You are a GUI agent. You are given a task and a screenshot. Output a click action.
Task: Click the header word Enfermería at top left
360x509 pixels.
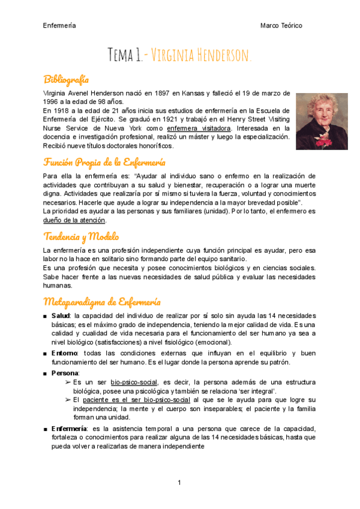[x=59, y=26]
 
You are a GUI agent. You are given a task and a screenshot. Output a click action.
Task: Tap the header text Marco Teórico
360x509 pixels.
[x=281, y=26]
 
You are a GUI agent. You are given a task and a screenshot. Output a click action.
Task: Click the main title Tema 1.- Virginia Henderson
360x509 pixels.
[x=179, y=56]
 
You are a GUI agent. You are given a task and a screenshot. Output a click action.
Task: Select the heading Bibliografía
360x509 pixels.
[x=66, y=79]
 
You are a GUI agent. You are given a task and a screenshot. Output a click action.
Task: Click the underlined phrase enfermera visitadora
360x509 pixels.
[x=199, y=128]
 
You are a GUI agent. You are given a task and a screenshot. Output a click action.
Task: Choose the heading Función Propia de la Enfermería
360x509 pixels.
[x=104, y=163]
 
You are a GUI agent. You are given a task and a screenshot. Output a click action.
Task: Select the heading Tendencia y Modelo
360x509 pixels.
[x=81, y=236]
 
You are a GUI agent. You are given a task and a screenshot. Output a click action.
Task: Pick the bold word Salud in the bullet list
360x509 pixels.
[x=61, y=316]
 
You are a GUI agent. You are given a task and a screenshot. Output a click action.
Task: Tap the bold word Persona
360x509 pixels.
[x=65, y=373]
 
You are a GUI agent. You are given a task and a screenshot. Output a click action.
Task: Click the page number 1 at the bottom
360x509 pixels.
[x=179, y=483]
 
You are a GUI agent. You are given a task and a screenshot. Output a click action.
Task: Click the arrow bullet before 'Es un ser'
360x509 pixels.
[x=67, y=382]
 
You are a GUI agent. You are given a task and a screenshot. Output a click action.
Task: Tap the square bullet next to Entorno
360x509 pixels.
[x=46, y=354]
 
